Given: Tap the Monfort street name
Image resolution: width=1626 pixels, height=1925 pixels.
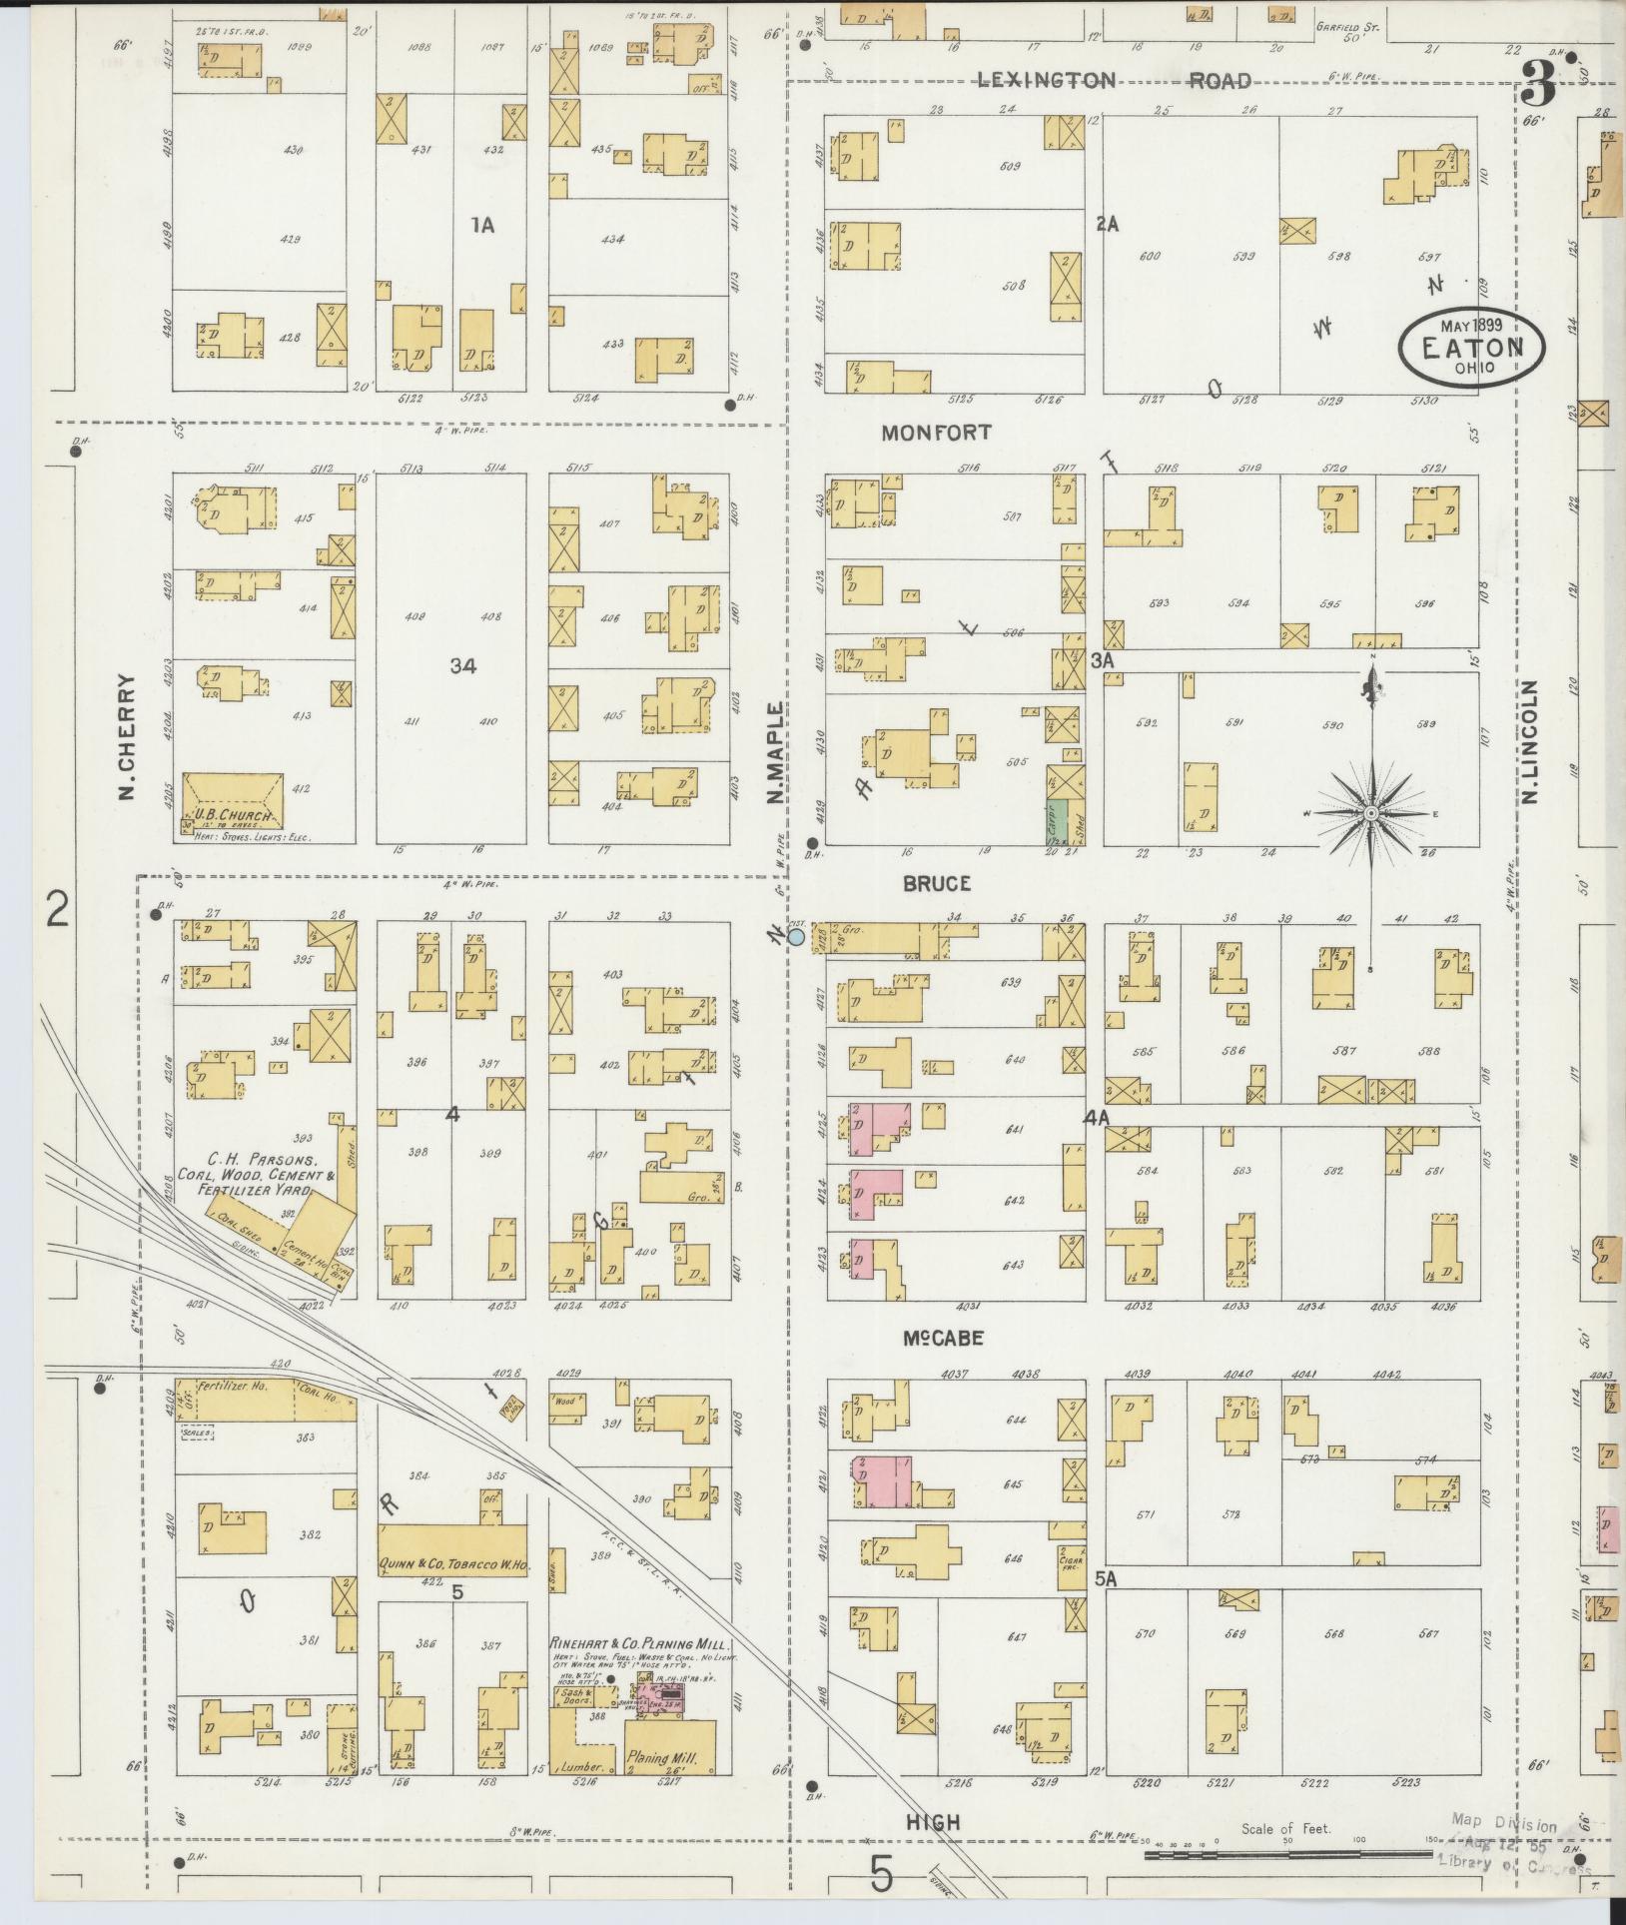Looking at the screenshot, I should coord(936,433).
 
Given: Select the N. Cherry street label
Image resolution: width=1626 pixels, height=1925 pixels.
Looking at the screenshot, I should coord(127,736).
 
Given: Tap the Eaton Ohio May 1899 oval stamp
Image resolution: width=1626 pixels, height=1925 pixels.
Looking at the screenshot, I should coord(1471,345).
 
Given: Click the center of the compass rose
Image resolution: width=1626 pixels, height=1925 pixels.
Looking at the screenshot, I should coord(1371,815).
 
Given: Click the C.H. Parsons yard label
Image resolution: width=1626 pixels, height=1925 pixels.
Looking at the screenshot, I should coord(262,1176).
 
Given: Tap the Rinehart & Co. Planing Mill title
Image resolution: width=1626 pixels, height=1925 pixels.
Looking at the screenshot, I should coord(641,1643).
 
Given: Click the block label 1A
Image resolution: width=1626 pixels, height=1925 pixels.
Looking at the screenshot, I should coord(482,226).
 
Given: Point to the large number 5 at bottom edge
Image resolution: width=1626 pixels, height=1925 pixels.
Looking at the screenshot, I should coord(880,1874).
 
